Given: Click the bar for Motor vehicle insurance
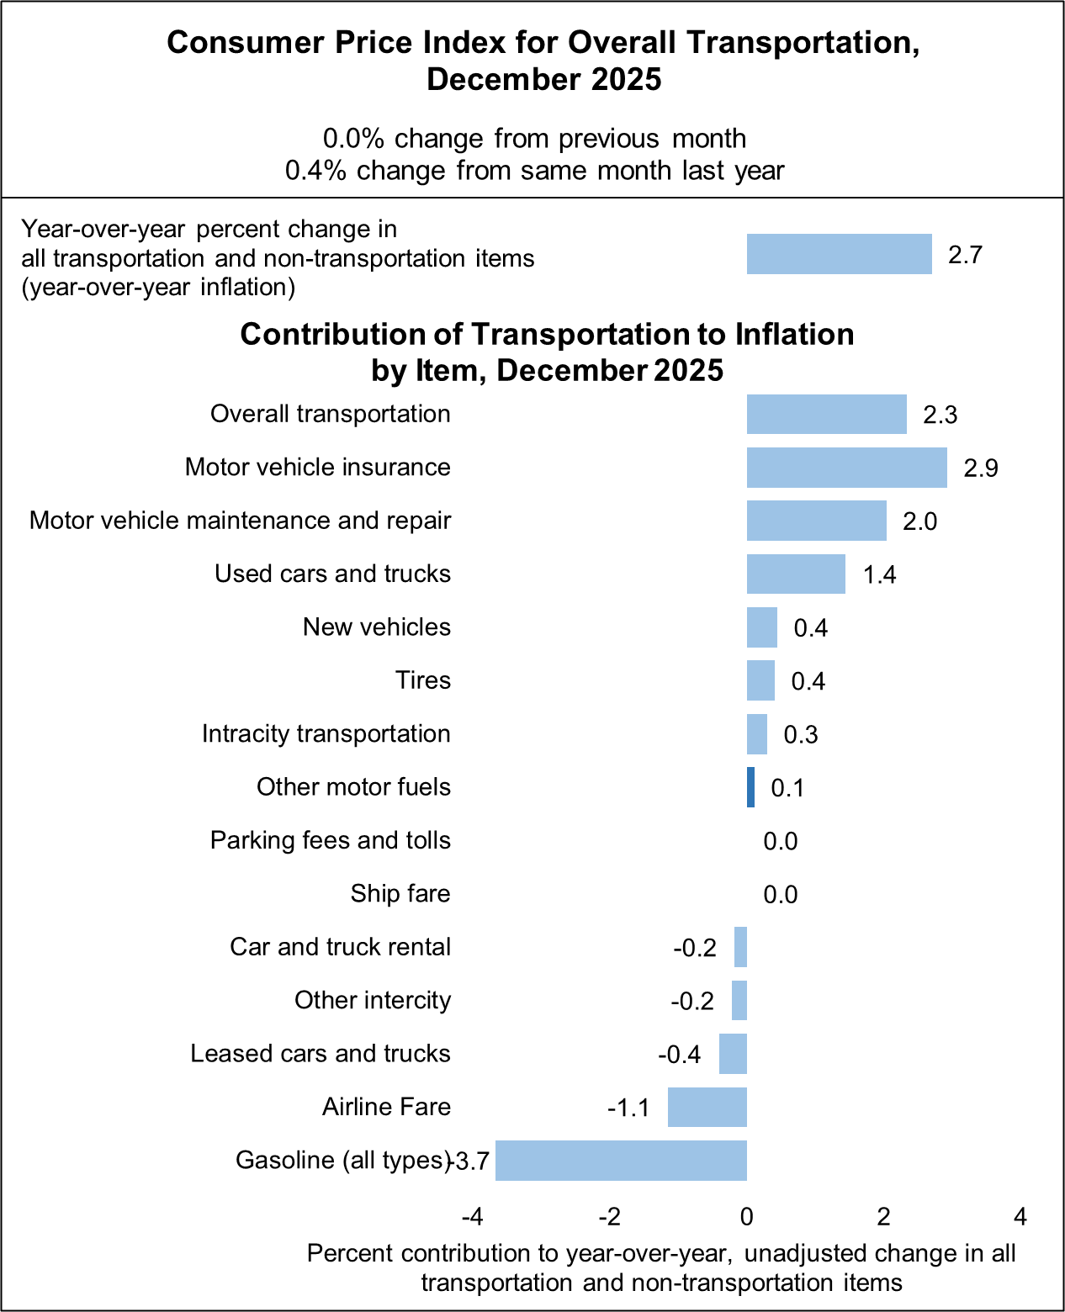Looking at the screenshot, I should pos(846,468).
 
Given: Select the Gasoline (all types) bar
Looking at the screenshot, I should pos(621,1161).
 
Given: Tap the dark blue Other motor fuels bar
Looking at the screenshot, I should pos(750,787).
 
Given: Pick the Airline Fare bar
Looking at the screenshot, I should pos(707,1107).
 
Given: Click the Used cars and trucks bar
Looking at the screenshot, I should pos(796,574).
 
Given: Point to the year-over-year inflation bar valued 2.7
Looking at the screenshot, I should pos(839,254).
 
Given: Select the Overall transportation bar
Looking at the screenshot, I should pos(826,414).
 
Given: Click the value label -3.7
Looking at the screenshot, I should pos(470,1161).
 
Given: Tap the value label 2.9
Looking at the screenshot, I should pos(980,468).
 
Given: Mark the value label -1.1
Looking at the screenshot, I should pos(628,1108).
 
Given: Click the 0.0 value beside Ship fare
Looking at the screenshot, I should pos(780,894).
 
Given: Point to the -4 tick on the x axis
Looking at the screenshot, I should pos(472,1216).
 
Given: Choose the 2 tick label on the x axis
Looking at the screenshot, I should pos(883,1216).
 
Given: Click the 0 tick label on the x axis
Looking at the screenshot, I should pos(746,1216).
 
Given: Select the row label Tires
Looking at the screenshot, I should pos(423,680).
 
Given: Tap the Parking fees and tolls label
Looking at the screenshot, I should pos(330,840).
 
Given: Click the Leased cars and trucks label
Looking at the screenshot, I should pos(320,1054).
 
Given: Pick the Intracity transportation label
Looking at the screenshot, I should pos(326,733).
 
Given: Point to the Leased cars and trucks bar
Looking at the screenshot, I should pos(733,1054).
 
